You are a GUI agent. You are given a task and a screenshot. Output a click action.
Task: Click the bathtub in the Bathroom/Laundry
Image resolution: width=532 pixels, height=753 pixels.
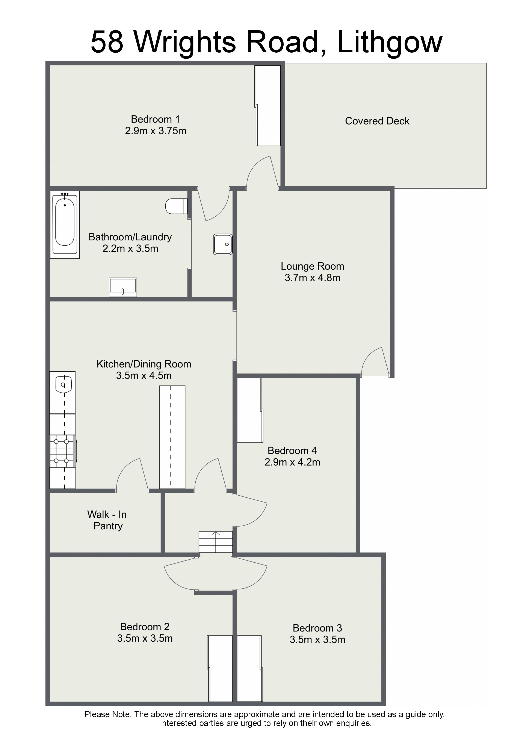pyautogui.click(x=65, y=225)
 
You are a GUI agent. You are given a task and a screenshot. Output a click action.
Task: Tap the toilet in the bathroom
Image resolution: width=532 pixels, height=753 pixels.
pyautogui.click(x=176, y=206)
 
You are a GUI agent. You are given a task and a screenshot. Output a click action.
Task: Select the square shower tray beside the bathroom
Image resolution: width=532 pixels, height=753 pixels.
pyautogui.click(x=223, y=244)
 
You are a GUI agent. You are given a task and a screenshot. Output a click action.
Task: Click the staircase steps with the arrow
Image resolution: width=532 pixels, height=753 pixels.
pyautogui.click(x=216, y=542)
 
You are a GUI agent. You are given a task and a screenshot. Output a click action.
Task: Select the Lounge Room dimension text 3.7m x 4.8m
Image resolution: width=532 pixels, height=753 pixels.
pyautogui.click(x=312, y=278)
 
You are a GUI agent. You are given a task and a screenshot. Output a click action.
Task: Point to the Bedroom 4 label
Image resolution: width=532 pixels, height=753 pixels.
pyautogui.click(x=292, y=451)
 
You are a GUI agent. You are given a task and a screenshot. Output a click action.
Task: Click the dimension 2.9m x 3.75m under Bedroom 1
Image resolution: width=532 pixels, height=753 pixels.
pyautogui.click(x=156, y=131)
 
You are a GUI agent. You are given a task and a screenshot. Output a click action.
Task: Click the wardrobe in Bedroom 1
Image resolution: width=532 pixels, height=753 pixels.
pyautogui.click(x=268, y=106)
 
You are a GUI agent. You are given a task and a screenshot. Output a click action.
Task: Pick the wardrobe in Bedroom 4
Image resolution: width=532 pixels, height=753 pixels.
pyautogui.click(x=250, y=410)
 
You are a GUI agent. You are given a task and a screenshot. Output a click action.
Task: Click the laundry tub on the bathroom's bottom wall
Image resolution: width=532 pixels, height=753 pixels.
pyautogui.click(x=123, y=288)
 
